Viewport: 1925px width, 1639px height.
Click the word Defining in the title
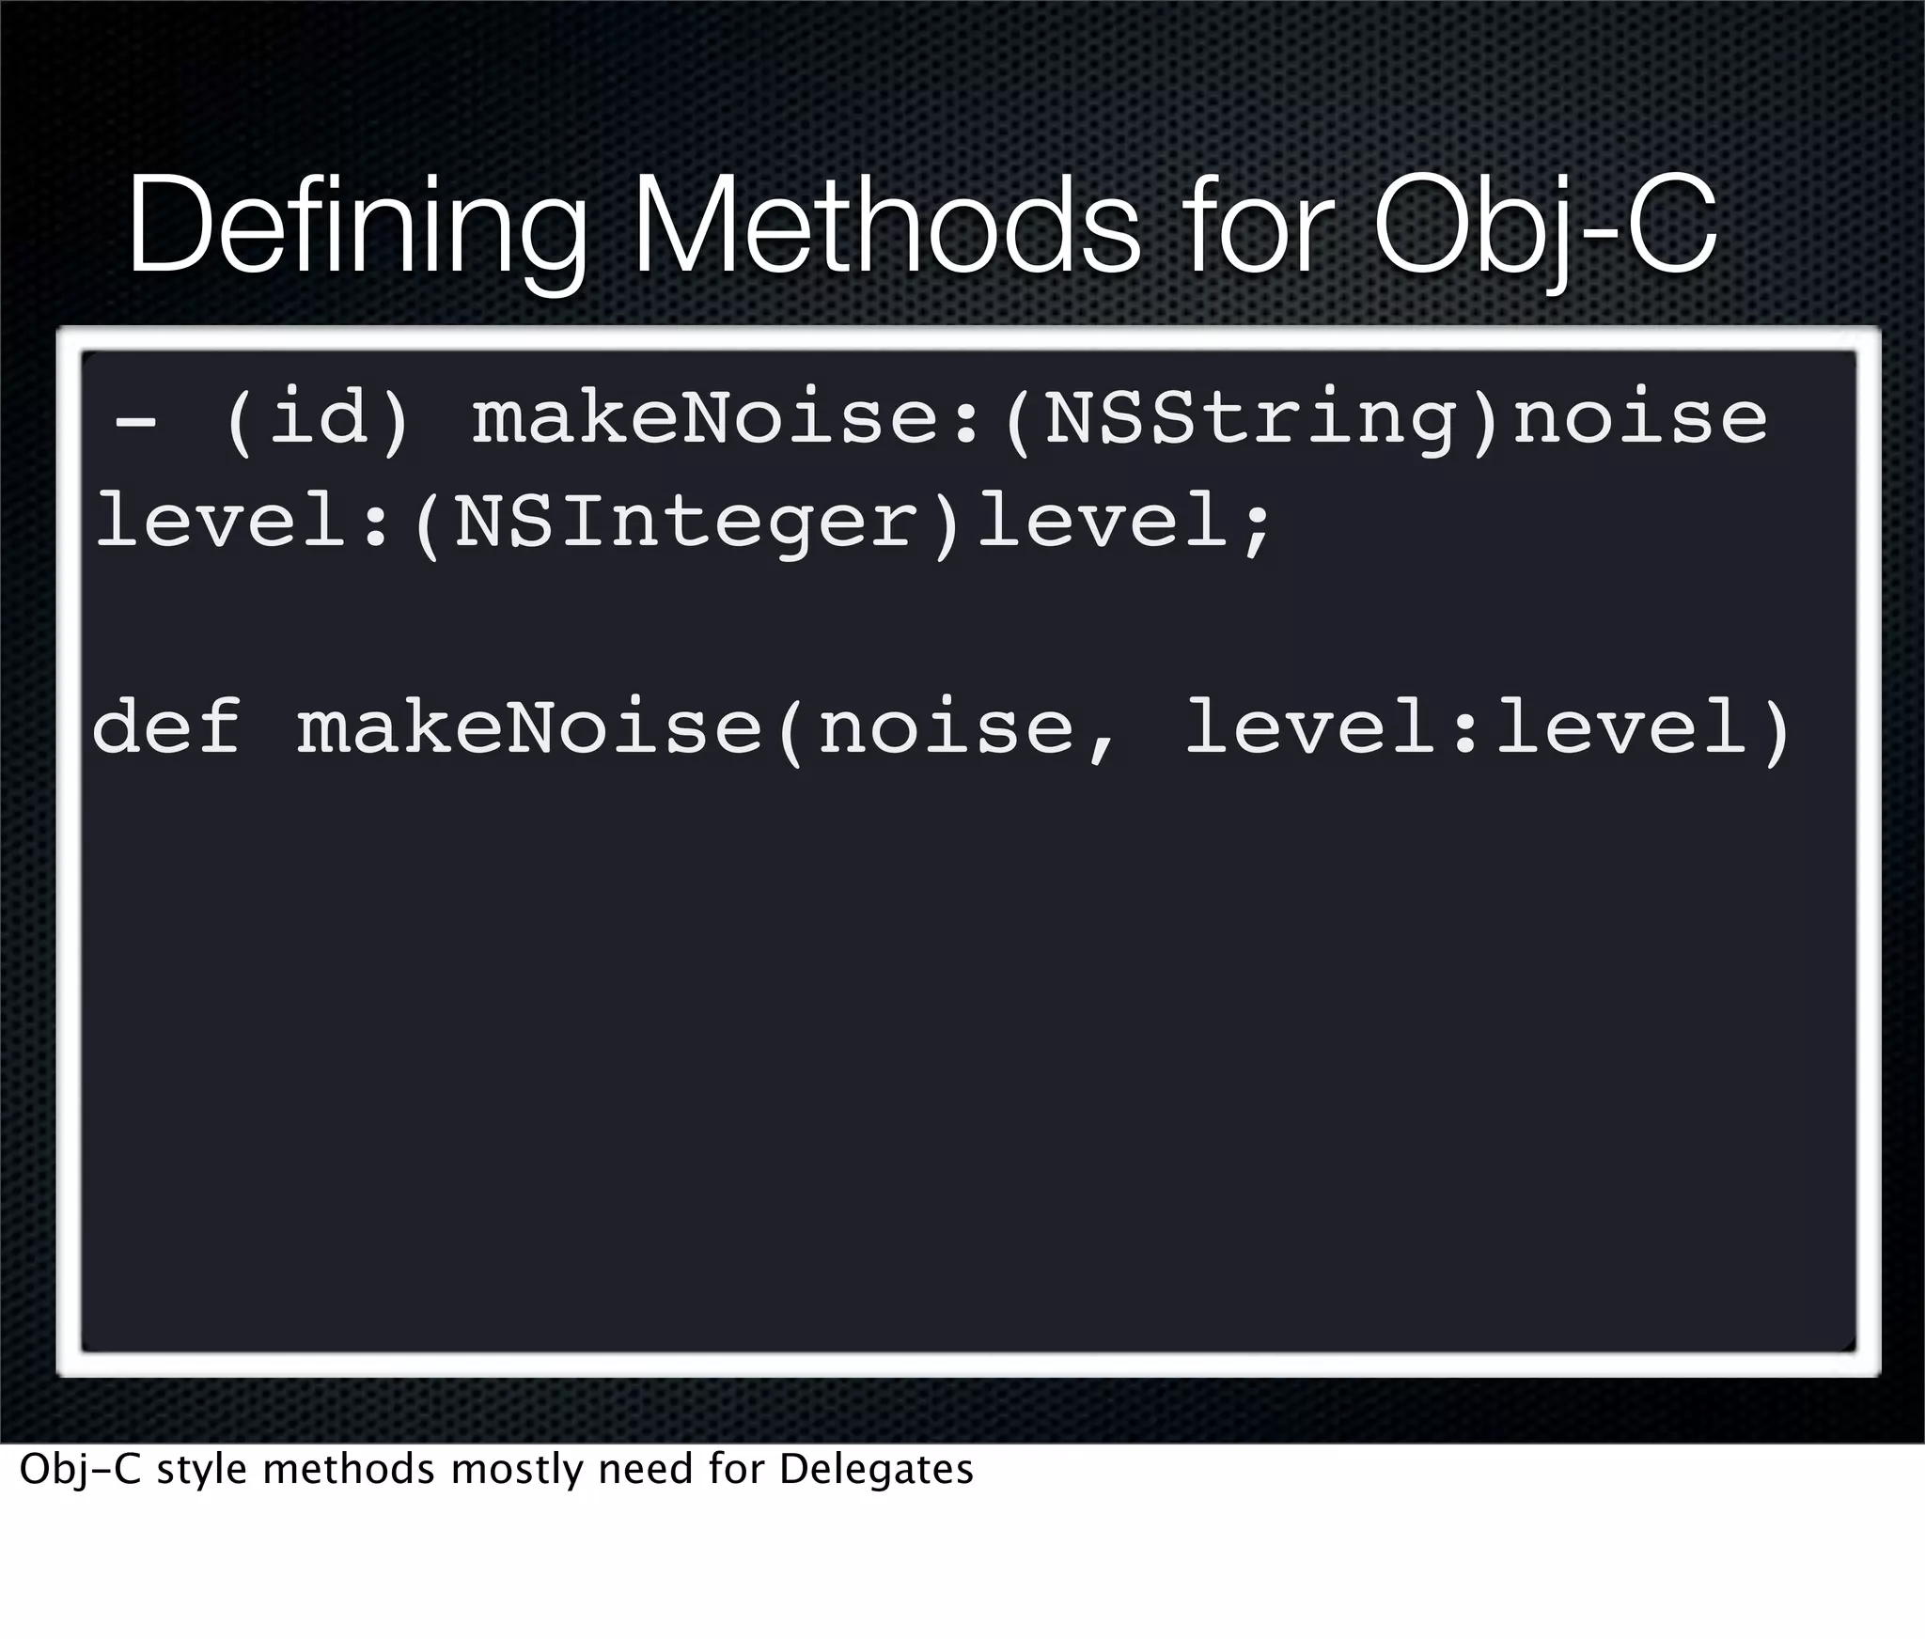coord(357,230)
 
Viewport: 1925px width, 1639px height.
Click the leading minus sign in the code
coord(135,420)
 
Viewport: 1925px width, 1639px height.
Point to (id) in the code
coord(318,420)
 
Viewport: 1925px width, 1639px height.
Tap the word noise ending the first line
coord(1640,420)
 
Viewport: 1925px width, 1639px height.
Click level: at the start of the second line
coord(243,524)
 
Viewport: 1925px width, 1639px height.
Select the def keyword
coord(166,728)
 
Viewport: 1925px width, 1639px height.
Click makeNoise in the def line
coord(529,728)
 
